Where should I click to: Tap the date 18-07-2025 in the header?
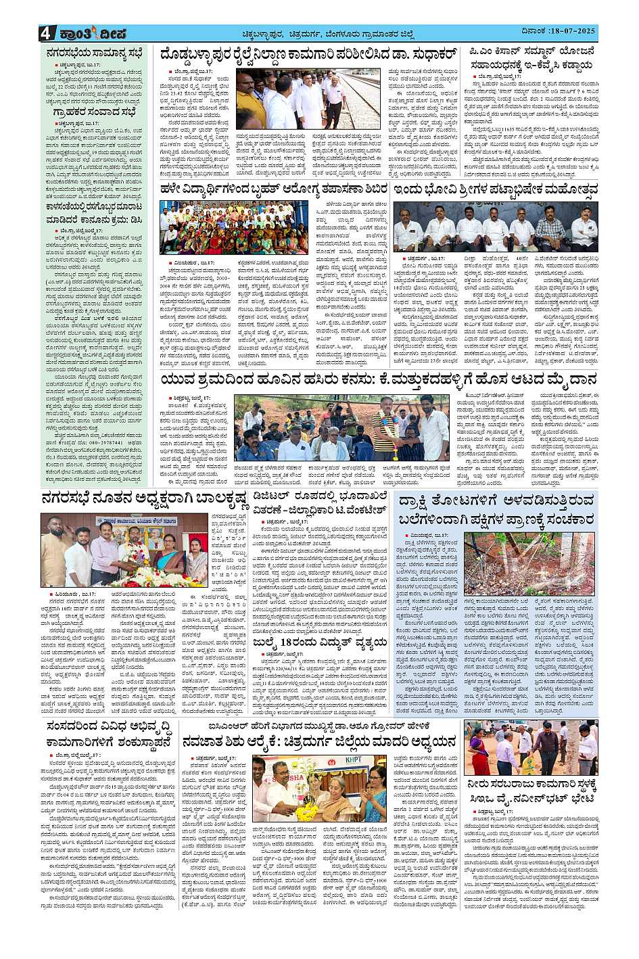(x=570, y=32)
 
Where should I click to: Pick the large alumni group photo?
(x=243, y=227)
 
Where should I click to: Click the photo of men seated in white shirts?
(x=495, y=226)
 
